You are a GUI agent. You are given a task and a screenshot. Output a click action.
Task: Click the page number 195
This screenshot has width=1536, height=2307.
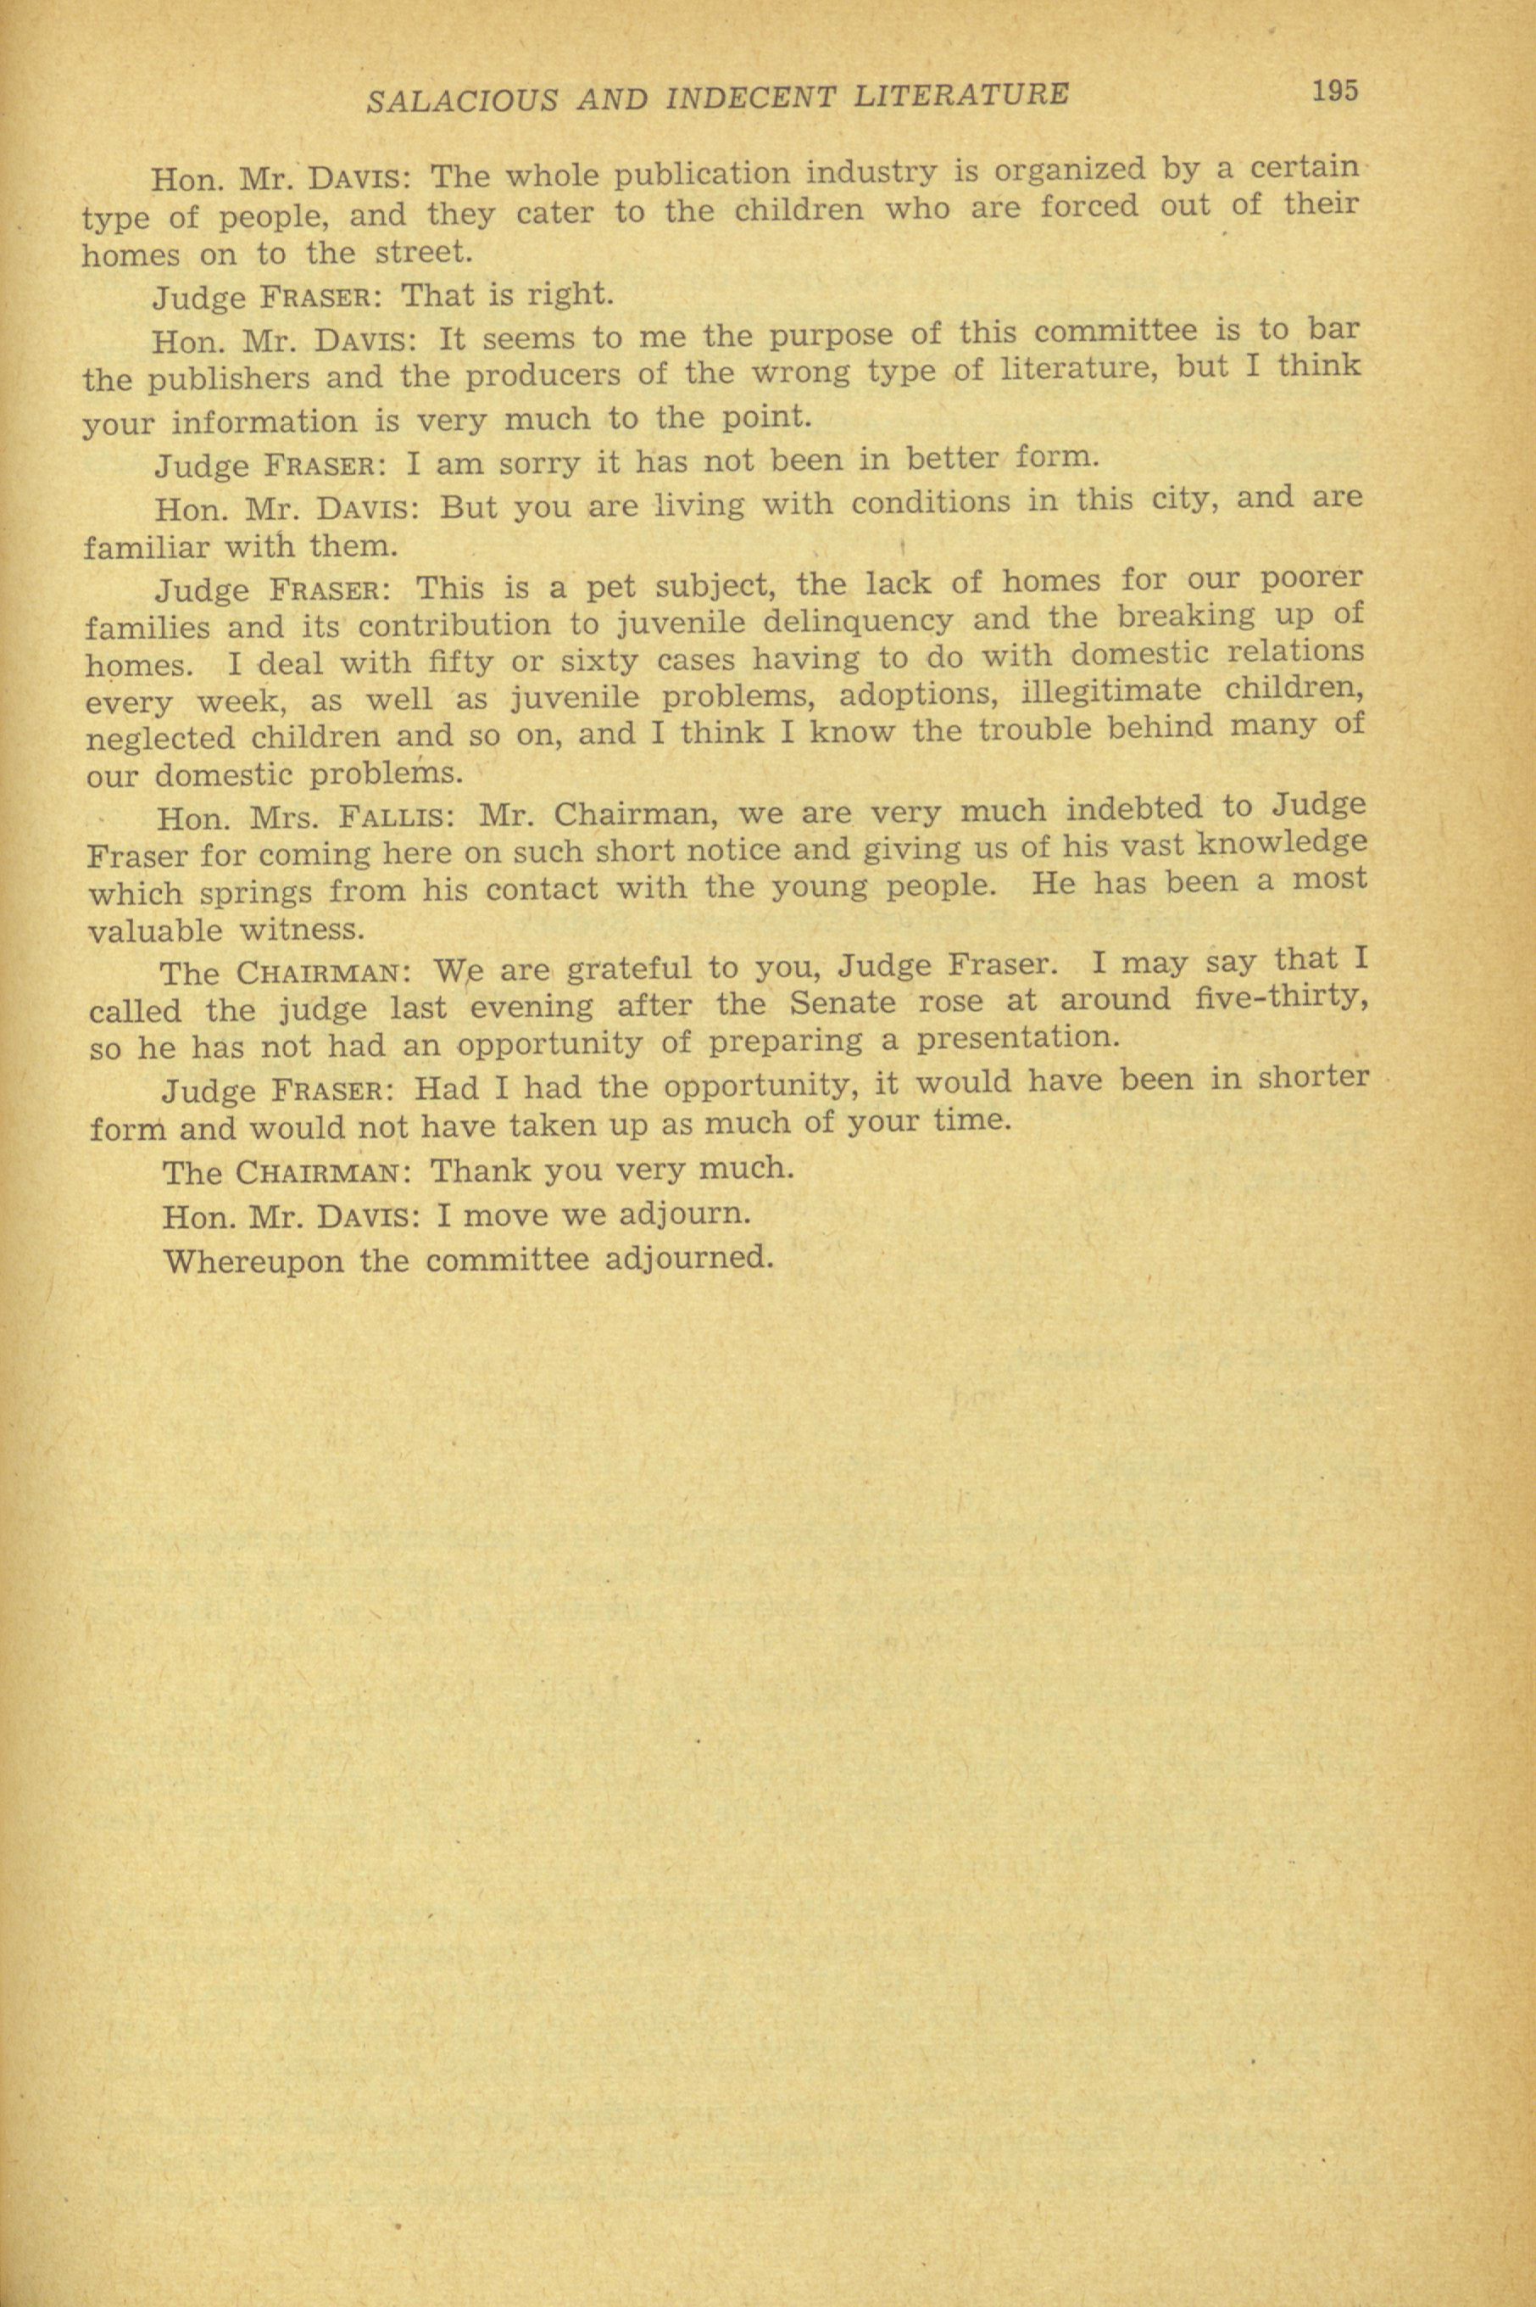click(1336, 91)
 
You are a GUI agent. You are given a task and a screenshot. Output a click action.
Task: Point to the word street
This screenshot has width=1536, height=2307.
click(424, 253)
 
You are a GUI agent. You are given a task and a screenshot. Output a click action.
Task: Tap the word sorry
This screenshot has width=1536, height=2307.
click(533, 461)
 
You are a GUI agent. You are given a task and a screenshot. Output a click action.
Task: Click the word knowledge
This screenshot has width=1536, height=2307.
click(1283, 844)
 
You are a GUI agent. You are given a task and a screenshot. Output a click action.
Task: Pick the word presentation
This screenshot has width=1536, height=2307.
click(1017, 1038)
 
